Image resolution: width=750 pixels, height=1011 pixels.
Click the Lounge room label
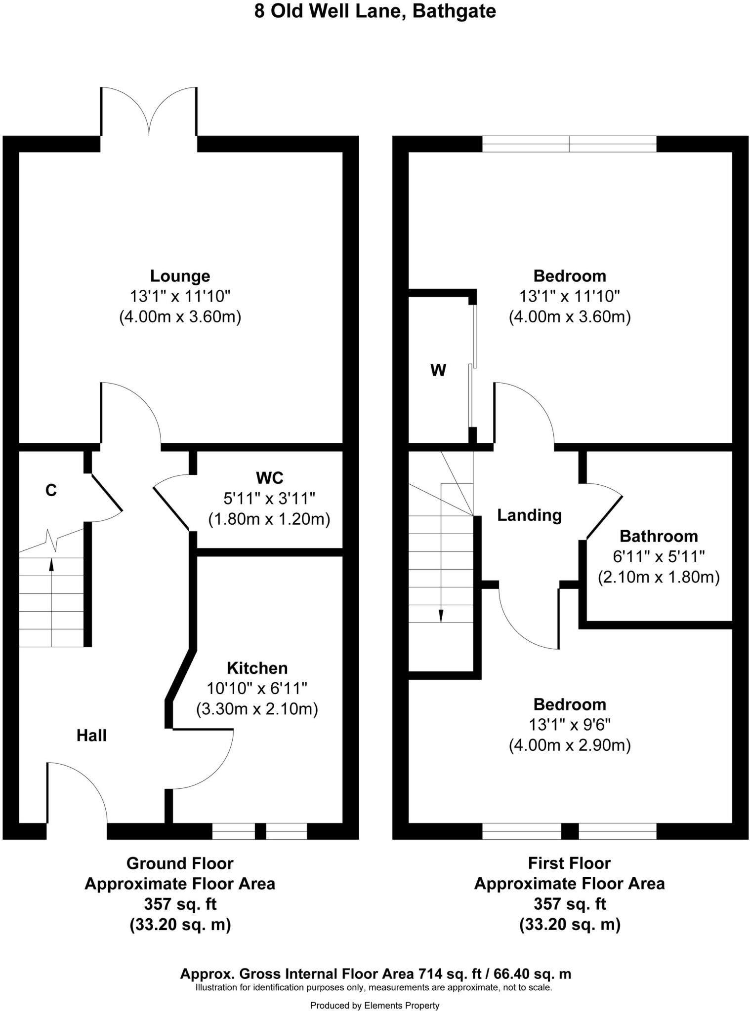180,275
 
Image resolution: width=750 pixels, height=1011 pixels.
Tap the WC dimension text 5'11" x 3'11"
269,499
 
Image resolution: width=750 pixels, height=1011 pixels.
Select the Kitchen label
257,668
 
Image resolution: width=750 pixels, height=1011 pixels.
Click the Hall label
91,736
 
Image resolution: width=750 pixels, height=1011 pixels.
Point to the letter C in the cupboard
51,490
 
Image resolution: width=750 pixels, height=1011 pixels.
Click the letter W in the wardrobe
438,370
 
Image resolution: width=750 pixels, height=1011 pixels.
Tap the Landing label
529,515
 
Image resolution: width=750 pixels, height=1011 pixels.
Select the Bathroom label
659,536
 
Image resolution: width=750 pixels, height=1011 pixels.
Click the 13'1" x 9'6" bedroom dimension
570,725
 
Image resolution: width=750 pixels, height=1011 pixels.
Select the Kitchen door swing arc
208,763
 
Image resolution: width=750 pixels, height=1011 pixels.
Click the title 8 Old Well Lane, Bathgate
375,11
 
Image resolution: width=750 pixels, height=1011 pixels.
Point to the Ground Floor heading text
180,863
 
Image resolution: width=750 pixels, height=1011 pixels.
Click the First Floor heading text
569,863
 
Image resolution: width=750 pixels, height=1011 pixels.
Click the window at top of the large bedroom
569,144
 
